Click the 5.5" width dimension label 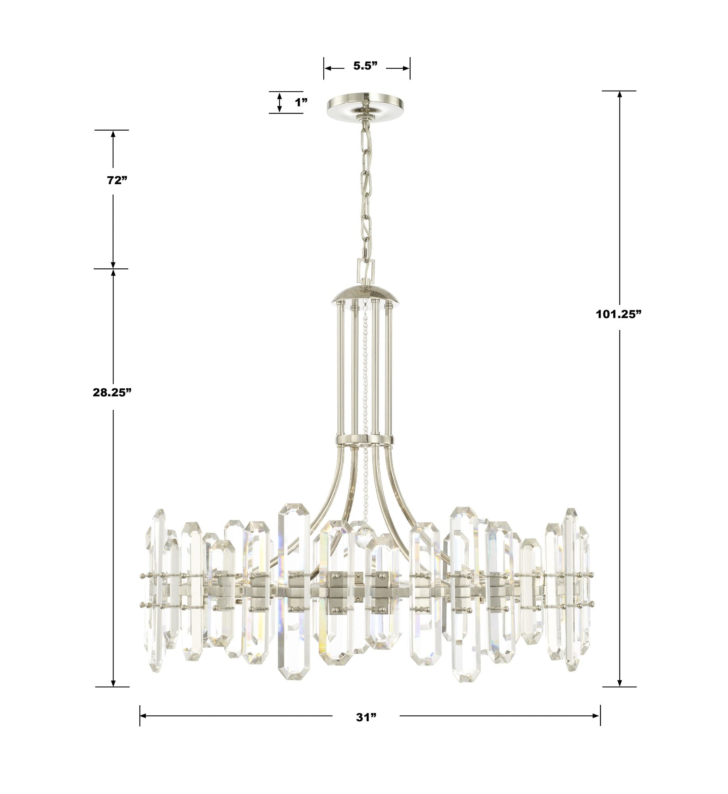tap(365, 66)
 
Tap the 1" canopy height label tap(301, 102)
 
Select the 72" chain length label tap(117, 180)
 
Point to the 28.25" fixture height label tap(112, 393)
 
